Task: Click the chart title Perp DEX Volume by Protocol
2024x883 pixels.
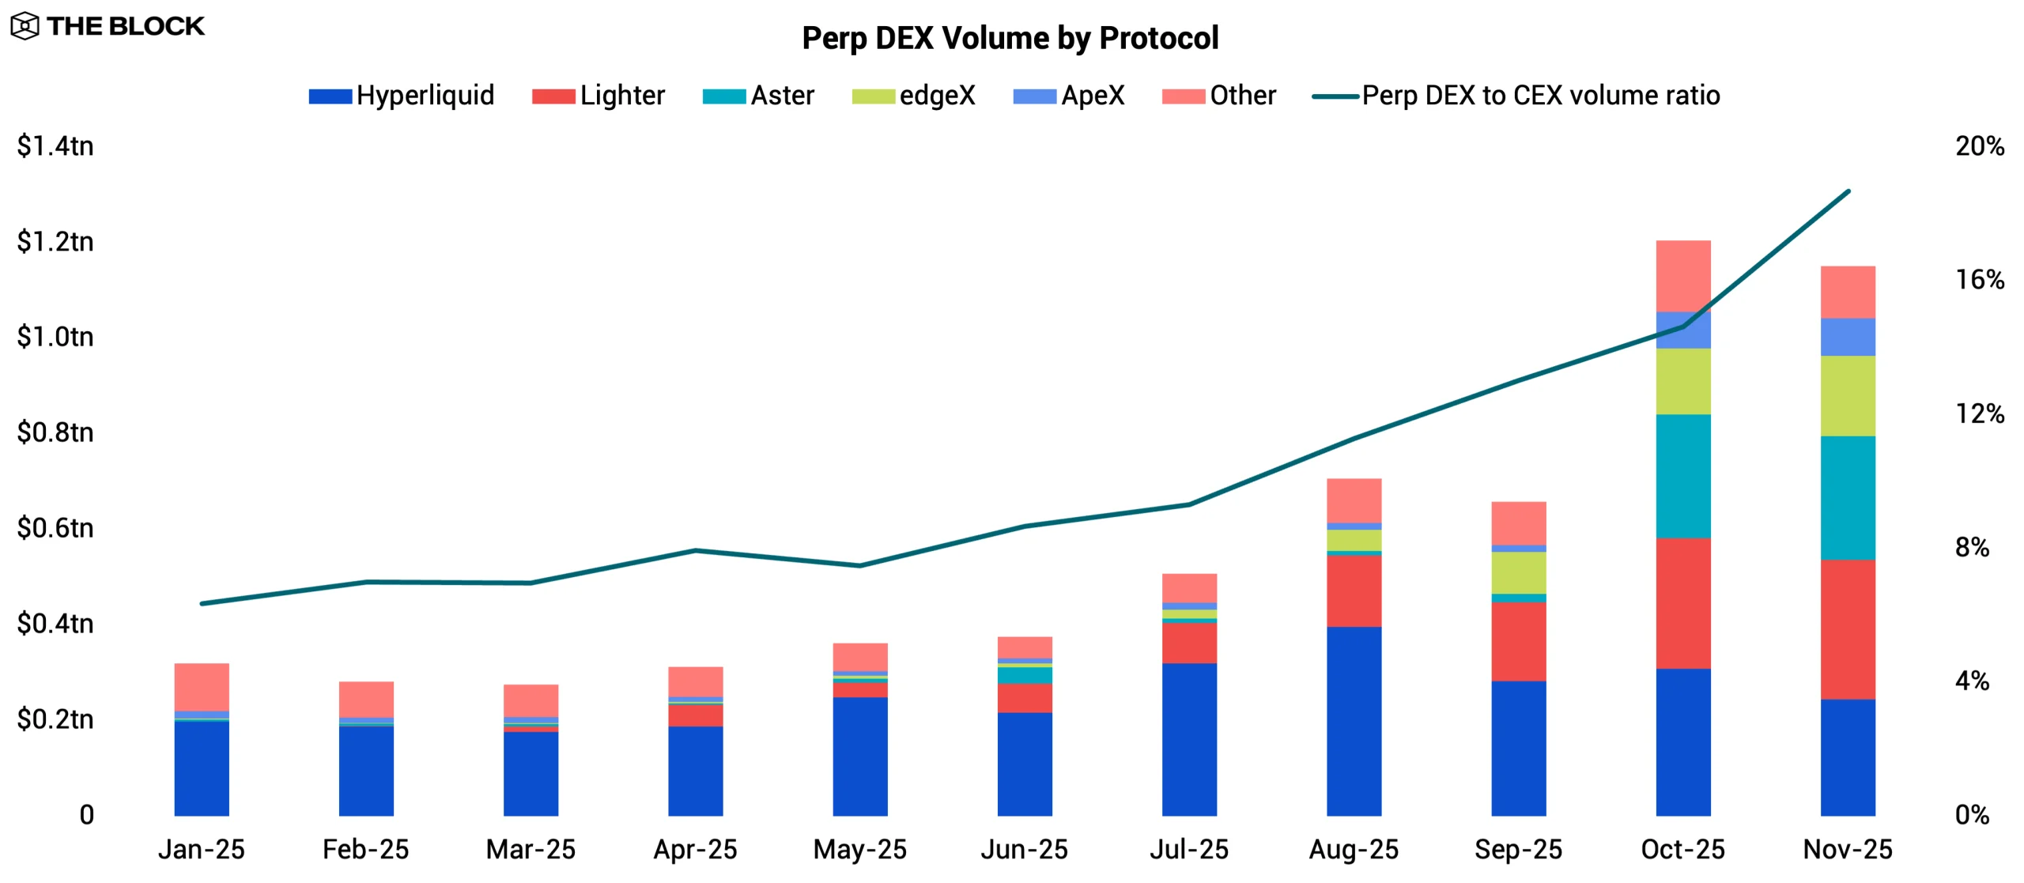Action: (x=1010, y=38)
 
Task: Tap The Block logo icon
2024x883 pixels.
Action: (x=25, y=26)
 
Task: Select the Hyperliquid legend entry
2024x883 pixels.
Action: (x=401, y=96)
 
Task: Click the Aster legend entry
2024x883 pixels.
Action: (x=757, y=96)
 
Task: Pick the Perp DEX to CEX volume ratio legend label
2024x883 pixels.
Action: (x=1539, y=96)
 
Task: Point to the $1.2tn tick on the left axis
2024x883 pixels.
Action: (x=55, y=241)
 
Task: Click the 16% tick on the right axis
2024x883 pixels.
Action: (x=1979, y=280)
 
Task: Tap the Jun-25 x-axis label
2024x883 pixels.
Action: (x=1024, y=849)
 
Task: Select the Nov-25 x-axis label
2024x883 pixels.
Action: (x=1847, y=849)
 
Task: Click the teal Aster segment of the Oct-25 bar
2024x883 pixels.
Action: (x=1682, y=476)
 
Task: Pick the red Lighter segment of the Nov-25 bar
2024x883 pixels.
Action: (x=1847, y=629)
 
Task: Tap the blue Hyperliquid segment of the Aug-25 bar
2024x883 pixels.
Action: (x=1354, y=721)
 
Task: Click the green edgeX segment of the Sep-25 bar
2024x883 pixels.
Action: (x=1518, y=572)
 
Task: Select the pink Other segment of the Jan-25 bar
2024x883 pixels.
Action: (x=202, y=686)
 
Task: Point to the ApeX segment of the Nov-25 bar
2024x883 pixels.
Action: (x=1847, y=337)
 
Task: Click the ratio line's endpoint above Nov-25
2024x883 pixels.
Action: (x=1848, y=191)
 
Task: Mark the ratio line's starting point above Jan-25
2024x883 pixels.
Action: (x=202, y=603)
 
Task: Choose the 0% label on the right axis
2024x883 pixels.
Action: (x=1972, y=814)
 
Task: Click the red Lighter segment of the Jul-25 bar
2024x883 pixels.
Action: (x=1189, y=643)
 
